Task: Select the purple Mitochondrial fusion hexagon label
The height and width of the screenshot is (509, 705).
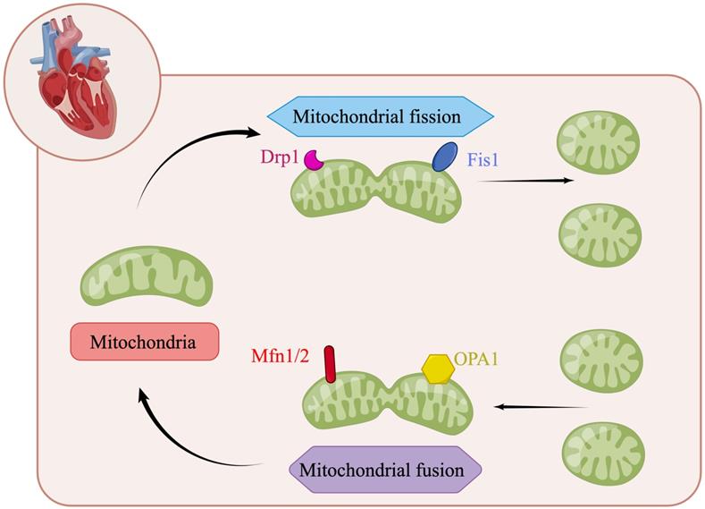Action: click(x=385, y=468)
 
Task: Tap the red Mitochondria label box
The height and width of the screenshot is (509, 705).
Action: click(x=145, y=342)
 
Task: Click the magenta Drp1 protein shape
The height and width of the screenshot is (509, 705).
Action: click(x=315, y=159)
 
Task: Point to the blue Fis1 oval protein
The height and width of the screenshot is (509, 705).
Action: click(x=443, y=158)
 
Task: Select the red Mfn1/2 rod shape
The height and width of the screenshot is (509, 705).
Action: click(x=330, y=364)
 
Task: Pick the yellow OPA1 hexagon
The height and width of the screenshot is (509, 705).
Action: click(x=437, y=369)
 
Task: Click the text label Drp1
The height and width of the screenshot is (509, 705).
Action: click(x=280, y=157)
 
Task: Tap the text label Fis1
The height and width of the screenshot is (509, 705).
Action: click(x=484, y=161)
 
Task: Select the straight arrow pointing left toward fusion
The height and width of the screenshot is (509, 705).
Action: click(x=541, y=407)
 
